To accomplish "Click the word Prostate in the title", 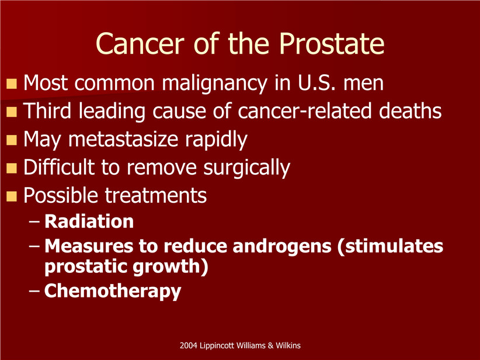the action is point(332,43).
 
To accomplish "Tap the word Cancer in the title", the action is point(140,43).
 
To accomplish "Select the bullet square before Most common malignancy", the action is point(12,84).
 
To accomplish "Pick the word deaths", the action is point(410,110).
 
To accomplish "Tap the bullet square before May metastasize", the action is point(12,140).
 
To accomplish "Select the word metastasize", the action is point(123,140).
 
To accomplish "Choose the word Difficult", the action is point(59,167).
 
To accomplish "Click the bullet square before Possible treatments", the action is point(12,196).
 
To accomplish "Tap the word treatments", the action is point(156,195).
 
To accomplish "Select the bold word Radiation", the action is point(89,221).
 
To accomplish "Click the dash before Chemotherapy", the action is point(34,290).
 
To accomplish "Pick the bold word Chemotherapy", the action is point(113,291).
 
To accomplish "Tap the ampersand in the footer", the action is point(270,345).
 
